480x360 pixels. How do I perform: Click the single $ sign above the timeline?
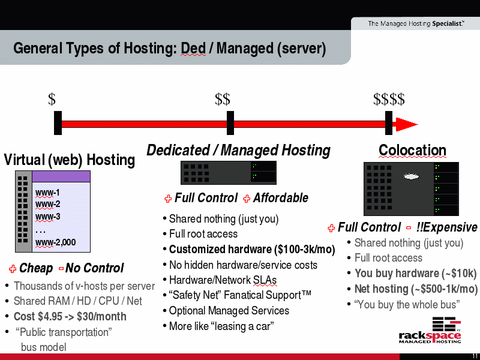(x=52, y=99)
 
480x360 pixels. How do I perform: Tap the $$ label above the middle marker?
(x=223, y=99)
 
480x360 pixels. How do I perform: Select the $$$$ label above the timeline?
(x=389, y=99)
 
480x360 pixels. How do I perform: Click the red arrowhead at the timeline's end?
(x=407, y=124)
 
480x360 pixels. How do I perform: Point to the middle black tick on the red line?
(x=230, y=123)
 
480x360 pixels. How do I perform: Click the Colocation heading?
(x=412, y=151)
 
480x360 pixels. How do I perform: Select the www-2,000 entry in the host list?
(x=55, y=242)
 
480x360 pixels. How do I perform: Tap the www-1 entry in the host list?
(x=47, y=193)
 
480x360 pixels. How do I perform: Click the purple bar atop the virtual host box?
(x=61, y=176)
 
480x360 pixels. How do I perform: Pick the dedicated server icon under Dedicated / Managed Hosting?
(x=229, y=173)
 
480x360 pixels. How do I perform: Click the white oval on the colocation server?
(x=411, y=176)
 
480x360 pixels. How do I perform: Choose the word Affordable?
(x=280, y=198)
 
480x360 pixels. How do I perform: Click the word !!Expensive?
(x=446, y=227)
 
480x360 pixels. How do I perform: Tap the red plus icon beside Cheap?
(x=13, y=269)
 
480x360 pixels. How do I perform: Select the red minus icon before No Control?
(x=61, y=269)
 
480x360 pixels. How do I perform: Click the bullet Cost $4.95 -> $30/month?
(x=70, y=317)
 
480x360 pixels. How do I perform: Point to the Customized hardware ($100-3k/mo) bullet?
(x=252, y=250)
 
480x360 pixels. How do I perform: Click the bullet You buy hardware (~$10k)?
(x=416, y=274)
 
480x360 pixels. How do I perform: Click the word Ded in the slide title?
(x=193, y=49)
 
